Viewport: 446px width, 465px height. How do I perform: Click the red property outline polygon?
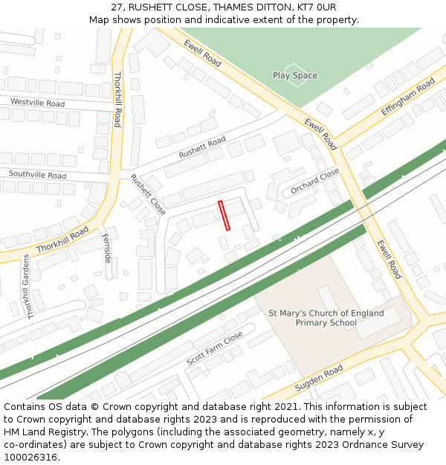(x=224, y=215)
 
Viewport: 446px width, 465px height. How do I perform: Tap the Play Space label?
(x=295, y=76)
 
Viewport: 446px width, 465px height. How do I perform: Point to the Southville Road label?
(x=37, y=175)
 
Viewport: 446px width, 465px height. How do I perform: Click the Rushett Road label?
(x=202, y=147)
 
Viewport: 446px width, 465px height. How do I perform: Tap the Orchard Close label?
(x=314, y=182)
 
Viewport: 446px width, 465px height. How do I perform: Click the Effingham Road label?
(x=407, y=97)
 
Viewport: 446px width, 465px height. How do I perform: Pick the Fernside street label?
(x=108, y=248)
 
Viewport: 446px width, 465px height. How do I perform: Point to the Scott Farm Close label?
(x=215, y=348)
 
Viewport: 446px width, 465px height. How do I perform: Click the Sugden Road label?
(x=319, y=379)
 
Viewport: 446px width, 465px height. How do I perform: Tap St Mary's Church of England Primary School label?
(x=326, y=318)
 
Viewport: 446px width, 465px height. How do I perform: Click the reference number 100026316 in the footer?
(x=31, y=458)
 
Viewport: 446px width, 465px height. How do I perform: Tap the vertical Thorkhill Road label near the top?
(x=117, y=100)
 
